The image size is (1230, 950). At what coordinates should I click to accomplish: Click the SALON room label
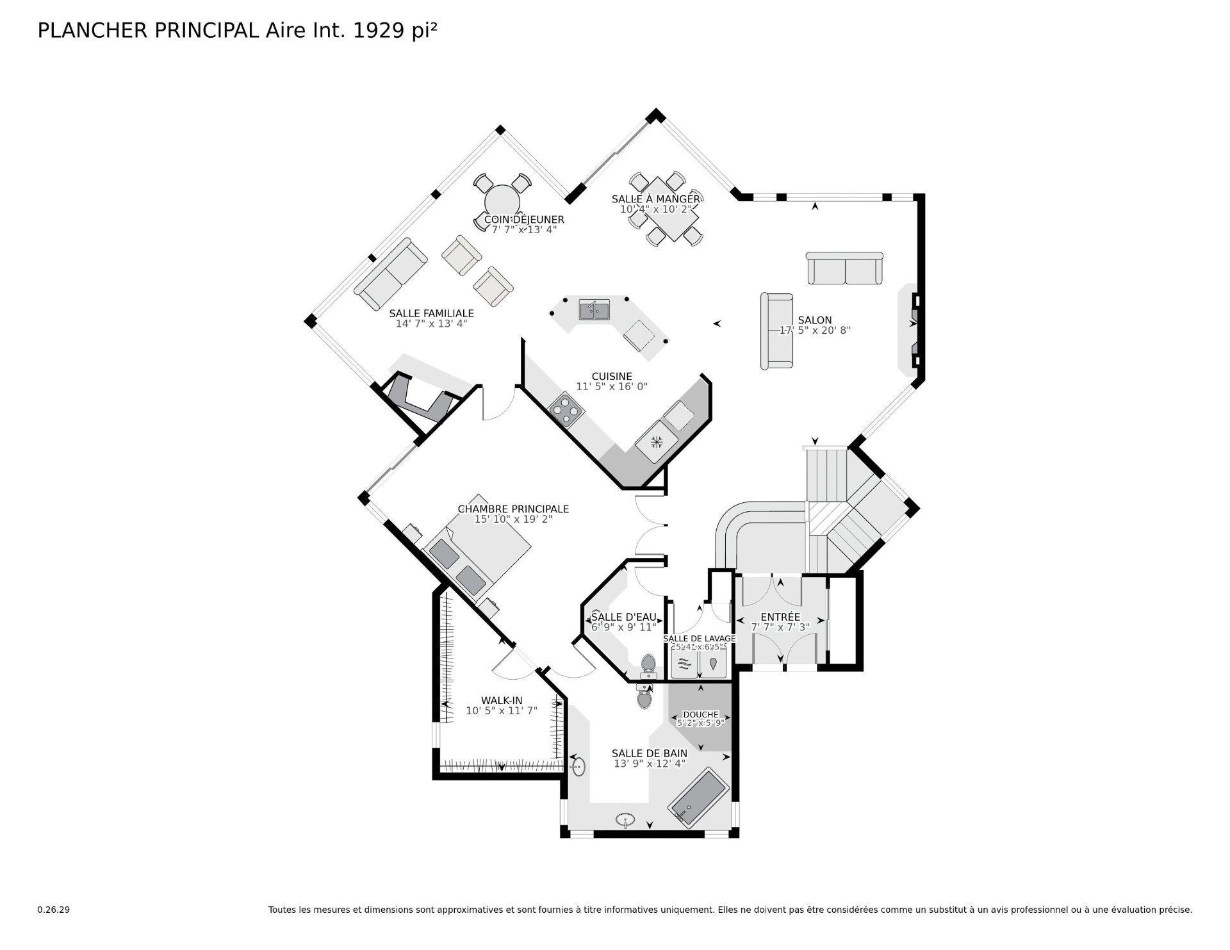click(814, 320)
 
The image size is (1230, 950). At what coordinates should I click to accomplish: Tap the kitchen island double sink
click(594, 311)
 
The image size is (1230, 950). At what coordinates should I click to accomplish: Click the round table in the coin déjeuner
click(502, 202)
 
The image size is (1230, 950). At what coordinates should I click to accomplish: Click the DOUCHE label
click(700, 714)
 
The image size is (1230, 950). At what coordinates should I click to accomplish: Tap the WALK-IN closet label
click(502, 700)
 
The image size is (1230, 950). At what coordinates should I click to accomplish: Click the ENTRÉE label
click(780, 617)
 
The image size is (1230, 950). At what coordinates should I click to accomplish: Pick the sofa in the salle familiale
click(390, 274)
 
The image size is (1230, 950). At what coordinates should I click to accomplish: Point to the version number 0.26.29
click(53, 910)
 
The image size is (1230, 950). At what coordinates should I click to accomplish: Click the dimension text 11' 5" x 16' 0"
click(612, 386)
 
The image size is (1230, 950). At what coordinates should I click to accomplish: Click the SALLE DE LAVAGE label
click(699, 638)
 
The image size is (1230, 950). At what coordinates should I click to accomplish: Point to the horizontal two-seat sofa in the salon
click(844, 268)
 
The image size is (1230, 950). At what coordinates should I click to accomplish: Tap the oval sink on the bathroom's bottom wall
click(625, 819)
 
